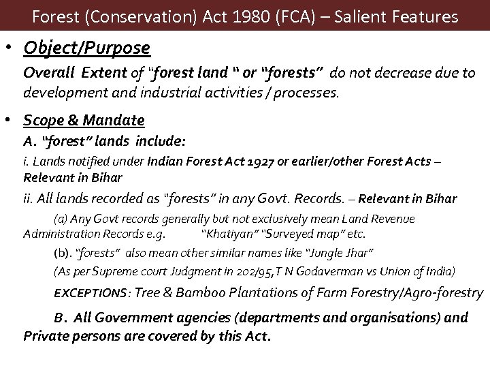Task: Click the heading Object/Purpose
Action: pyautogui.click(x=86, y=48)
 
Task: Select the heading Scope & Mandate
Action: pyautogui.click(x=84, y=121)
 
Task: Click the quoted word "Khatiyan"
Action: pyautogui.click(x=226, y=234)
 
